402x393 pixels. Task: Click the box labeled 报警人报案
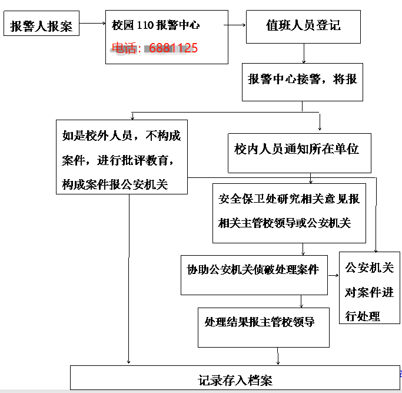(41, 23)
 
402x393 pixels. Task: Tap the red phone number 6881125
(173, 48)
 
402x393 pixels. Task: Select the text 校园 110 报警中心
(155, 25)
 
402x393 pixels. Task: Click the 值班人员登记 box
(303, 27)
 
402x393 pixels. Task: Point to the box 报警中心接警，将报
(303, 82)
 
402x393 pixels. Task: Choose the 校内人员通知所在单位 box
(300, 153)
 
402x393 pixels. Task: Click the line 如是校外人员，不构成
(121, 136)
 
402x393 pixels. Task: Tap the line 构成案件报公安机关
(115, 184)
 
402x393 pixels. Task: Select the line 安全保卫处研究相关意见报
(289, 199)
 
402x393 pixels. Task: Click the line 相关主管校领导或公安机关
(284, 223)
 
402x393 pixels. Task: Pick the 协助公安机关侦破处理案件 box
(254, 275)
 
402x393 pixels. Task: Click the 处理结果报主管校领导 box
(264, 328)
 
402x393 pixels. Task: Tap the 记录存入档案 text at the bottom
(235, 380)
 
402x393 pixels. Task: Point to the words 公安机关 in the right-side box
(370, 267)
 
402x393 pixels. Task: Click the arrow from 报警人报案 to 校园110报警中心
(92, 24)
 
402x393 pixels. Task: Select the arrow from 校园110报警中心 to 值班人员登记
(235, 25)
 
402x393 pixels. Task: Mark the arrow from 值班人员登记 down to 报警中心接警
(304, 54)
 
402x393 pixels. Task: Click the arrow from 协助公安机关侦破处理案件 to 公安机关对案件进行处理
(334, 275)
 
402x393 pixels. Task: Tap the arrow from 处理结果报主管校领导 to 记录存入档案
(278, 356)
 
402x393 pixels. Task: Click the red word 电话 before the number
(124, 48)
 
